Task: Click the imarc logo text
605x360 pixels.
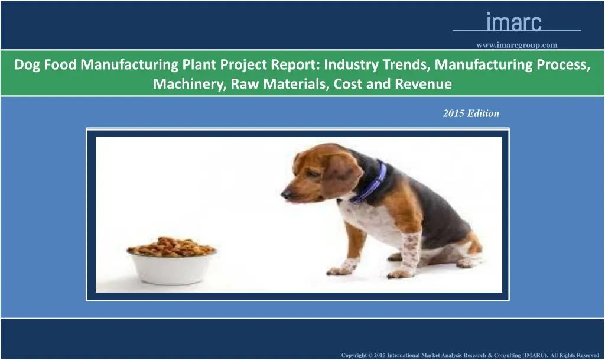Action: (513, 22)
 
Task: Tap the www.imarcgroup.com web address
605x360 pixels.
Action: (516, 44)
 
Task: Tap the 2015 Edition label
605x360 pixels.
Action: (471, 113)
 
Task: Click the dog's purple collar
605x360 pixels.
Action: (371, 183)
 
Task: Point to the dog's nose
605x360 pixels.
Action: (285, 193)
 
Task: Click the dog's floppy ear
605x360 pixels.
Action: (341, 176)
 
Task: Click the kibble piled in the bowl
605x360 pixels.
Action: (171, 245)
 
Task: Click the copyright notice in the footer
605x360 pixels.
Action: (470, 355)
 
